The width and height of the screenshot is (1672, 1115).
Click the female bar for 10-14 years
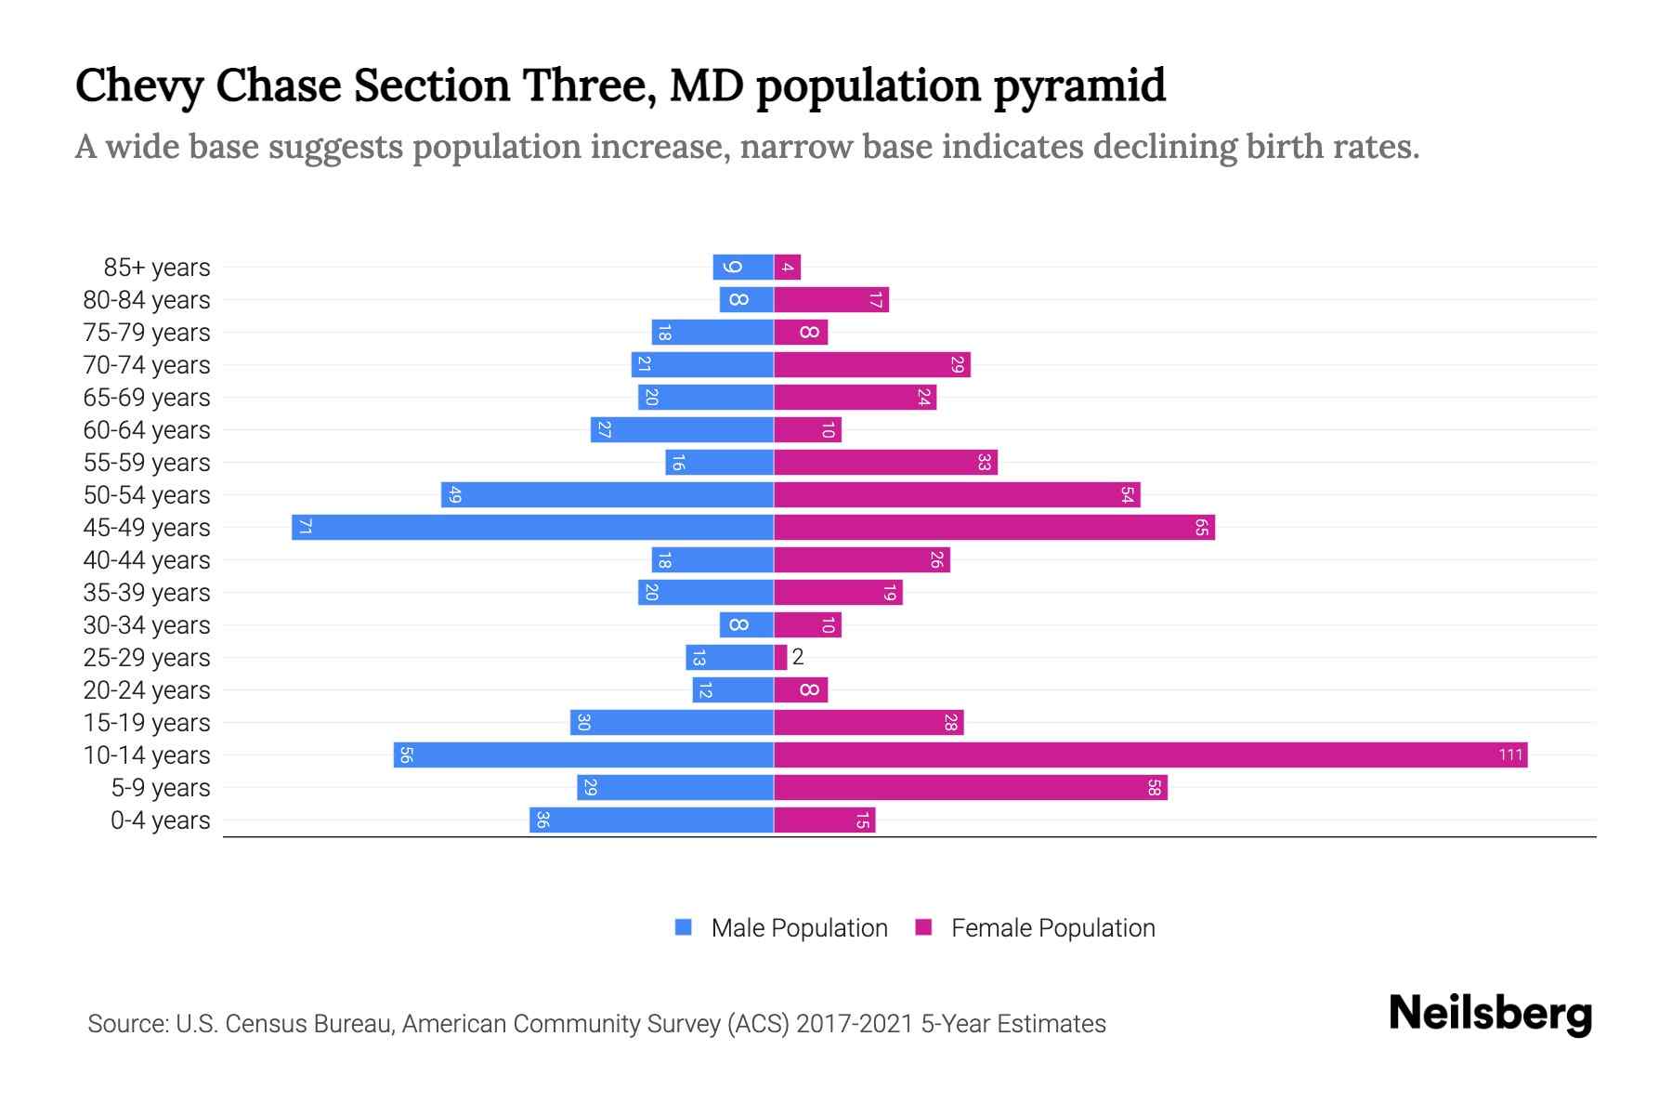(x=1150, y=754)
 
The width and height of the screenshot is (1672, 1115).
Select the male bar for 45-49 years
(x=532, y=527)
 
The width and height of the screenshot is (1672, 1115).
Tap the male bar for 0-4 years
(x=651, y=820)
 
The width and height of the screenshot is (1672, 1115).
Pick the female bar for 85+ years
(x=787, y=267)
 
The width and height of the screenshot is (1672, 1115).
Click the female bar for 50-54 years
(x=957, y=494)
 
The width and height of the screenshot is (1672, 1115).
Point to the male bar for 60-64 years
(x=682, y=429)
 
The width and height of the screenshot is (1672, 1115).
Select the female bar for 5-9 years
(x=970, y=787)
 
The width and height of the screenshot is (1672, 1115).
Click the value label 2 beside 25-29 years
(x=798, y=657)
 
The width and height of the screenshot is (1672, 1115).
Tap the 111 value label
(x=1510, y=754)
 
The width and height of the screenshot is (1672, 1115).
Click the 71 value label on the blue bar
(x=305, y=527)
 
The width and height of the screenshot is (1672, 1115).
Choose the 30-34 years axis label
(x=147, y=624)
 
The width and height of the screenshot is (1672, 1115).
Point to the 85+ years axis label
(x=157, y=267)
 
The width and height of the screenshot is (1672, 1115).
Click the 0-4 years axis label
(x=160, y=820)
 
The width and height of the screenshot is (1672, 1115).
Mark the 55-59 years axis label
(x=147, y=462)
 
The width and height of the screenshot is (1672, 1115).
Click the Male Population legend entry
(x=799, y=927)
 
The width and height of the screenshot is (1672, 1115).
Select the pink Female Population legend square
(x=923, y=927)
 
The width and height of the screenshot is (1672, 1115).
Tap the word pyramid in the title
(x=1079, y=85)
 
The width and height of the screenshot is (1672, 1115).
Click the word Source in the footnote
(x=127, y=1023)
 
